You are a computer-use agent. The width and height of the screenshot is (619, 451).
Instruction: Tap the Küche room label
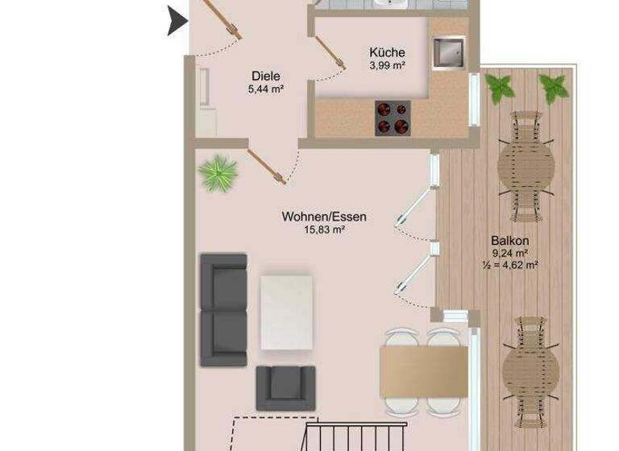pos(387,52)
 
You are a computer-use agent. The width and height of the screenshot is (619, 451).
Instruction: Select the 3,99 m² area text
pos(387,66)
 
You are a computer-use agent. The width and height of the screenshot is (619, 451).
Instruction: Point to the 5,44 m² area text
pos(265,90)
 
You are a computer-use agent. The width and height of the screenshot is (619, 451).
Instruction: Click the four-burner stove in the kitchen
pos(393,118)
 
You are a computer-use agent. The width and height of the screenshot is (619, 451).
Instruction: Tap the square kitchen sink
pos(447,53)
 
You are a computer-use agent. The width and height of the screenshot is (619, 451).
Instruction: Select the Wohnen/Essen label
pos(324,217)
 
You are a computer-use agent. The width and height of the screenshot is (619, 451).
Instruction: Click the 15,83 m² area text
pos(324,230)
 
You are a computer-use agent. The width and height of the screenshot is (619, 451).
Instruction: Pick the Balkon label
pos(509,240)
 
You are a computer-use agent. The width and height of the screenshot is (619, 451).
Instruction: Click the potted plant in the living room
pos(218,172)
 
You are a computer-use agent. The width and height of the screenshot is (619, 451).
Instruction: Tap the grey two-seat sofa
pos(223,309)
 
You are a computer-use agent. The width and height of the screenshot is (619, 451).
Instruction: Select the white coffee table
pos(286,312)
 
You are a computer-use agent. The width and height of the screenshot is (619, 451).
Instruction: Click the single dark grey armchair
pos(285,387)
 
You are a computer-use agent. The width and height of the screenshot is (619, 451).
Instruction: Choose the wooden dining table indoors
pos(425,375)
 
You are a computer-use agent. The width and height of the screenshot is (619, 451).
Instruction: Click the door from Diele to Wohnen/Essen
pos(267,165)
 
